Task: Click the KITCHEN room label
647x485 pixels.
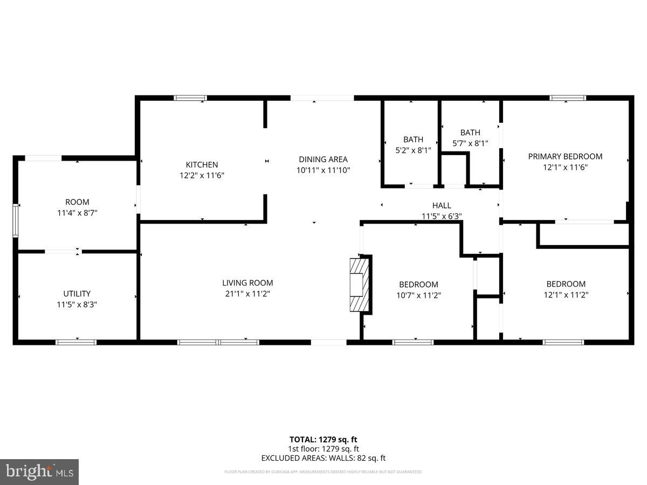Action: coord(202,164)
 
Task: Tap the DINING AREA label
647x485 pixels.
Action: coord(323,159)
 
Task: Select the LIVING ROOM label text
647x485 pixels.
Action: coord(247,282)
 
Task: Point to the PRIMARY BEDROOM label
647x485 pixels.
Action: coord(565,156)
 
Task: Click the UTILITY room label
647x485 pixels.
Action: coord(77,294)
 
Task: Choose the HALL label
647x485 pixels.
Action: coord(442,205)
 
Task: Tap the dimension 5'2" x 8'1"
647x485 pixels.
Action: coord(413,150)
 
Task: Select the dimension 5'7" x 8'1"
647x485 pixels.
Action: coord(470,143)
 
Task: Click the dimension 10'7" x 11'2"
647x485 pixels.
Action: coord(418,295)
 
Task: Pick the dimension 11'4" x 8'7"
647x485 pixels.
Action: coord(77,213)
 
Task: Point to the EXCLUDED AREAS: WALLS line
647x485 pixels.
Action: coord(323,458)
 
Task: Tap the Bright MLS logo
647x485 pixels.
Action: coord(39,472)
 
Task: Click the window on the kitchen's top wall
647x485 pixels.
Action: coord(190,98)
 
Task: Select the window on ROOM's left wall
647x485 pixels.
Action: coord(16,220)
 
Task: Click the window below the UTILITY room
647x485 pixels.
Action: coord(76,342)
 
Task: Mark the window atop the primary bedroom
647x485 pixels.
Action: coord(567,98)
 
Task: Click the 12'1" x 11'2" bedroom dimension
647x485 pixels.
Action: coord(566,295)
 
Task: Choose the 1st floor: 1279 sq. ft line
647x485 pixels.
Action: coord(323,449)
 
